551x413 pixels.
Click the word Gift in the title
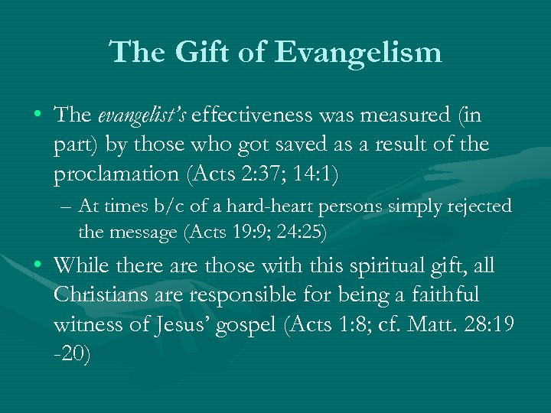(x=194, y=53)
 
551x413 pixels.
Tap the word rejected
(x=481, y=207)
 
